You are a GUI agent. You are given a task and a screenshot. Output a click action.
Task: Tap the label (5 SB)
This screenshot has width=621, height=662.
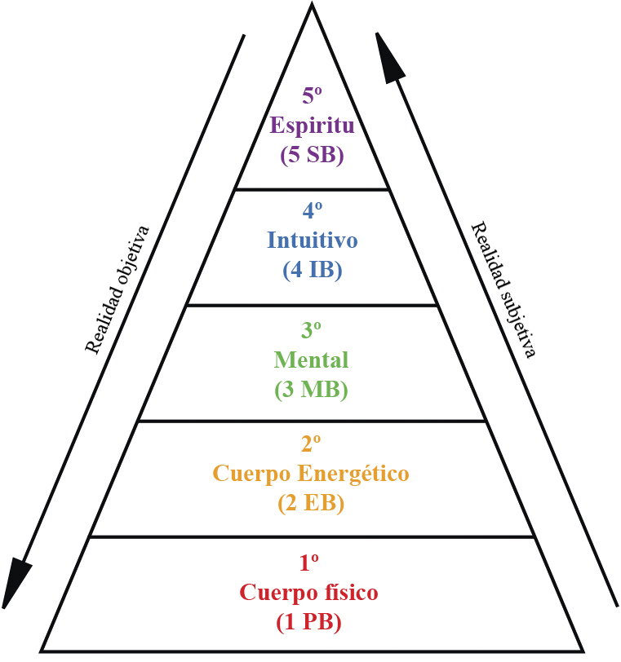point(312,155)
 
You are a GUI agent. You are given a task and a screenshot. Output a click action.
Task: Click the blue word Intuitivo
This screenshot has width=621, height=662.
point(312,241)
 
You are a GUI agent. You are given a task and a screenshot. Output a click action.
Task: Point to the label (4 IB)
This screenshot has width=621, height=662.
point(312,270)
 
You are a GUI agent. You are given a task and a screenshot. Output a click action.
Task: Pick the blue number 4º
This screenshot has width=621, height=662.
point(312,211)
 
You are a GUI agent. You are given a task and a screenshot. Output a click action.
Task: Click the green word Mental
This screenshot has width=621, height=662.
point(312,360)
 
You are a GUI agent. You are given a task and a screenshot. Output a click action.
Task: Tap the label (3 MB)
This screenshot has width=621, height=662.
point(312,389)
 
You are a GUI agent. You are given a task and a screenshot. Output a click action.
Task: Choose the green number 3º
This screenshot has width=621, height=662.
point(312,330)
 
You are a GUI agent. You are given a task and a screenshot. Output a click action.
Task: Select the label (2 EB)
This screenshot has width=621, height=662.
point(312,503)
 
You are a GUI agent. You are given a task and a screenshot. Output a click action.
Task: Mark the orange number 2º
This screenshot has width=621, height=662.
point(312,444)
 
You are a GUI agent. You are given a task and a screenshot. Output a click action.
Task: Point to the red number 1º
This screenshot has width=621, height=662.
point(308,563)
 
